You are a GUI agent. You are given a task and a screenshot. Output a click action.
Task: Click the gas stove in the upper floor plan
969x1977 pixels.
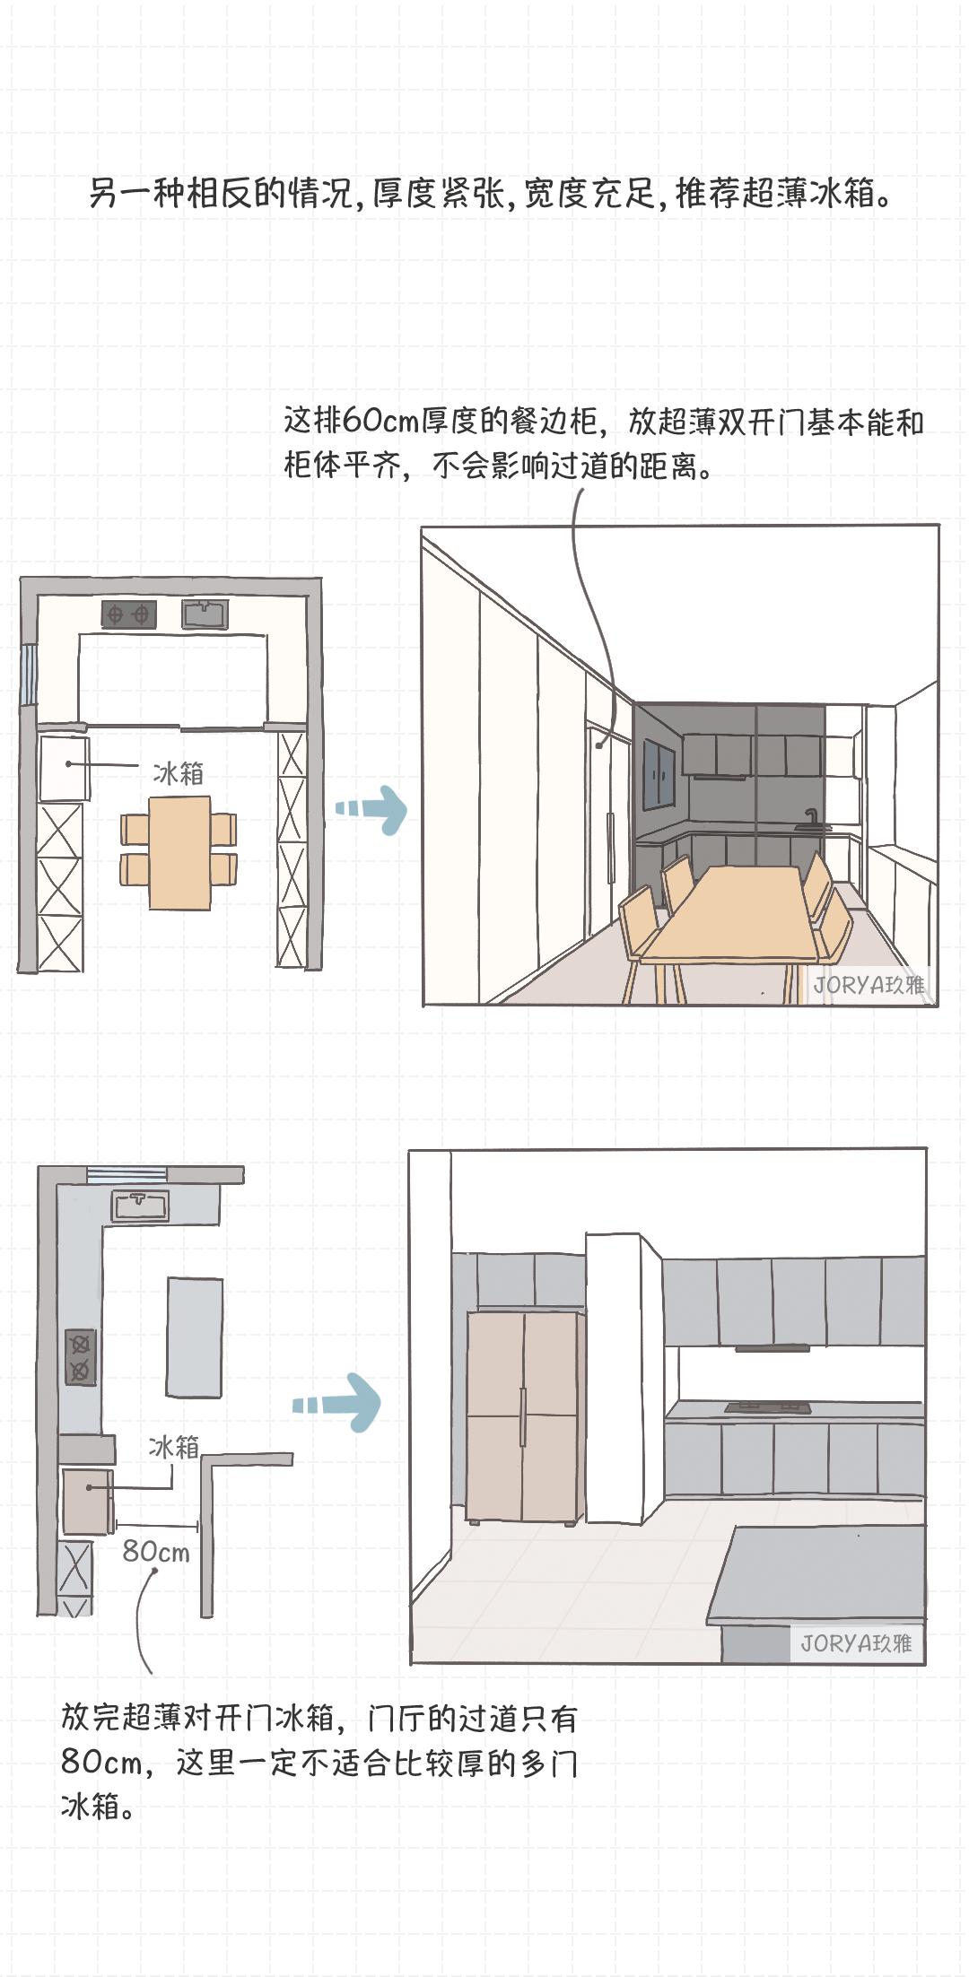coord(128,614)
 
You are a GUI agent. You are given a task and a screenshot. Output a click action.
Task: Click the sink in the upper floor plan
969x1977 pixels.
coord(205,614)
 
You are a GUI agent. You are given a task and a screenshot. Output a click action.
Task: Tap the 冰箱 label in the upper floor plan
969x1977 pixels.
coord(178,773)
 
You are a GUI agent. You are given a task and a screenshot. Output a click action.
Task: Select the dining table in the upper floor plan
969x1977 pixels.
coord(179,853)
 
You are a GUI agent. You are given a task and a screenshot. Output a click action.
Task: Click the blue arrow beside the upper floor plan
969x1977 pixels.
coord(371,809)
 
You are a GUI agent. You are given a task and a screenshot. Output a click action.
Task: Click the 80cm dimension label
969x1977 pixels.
coord(156,1551)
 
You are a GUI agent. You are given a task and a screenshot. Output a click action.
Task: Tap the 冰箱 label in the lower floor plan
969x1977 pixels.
coord(174,1447)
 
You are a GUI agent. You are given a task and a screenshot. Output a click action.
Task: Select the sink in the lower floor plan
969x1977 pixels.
coord(140,1206)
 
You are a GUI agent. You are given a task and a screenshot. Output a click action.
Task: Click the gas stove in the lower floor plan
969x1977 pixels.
coord(80,1357)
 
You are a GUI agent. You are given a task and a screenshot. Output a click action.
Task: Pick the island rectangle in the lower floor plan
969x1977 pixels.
coord(194,1337)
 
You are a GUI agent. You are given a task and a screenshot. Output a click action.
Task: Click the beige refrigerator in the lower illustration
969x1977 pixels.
coord(525,1417)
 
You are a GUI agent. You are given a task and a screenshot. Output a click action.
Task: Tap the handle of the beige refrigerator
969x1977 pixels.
coord(522,1417)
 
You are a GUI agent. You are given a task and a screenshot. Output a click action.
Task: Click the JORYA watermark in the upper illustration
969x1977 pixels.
coord(869,985)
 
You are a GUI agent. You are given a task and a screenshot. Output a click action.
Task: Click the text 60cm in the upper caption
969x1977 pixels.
coord(382,421)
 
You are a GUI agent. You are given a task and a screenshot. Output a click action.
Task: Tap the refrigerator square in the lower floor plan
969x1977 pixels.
coord(87,1501)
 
